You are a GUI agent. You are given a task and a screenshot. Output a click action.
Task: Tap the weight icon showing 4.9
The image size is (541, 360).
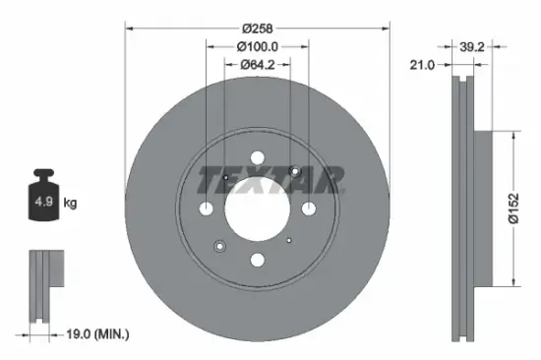point(43,201)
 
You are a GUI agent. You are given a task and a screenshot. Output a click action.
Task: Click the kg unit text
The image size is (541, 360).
point(70,203)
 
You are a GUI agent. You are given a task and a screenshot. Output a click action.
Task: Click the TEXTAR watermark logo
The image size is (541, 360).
point(271,178)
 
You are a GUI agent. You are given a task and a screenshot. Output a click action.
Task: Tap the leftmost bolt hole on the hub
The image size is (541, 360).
point(206,209)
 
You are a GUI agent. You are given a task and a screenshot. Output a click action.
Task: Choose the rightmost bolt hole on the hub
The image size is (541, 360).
point(307,209)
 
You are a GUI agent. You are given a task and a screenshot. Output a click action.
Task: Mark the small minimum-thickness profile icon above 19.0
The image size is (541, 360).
point(44,285)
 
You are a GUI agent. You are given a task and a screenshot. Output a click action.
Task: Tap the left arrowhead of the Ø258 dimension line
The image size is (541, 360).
point(129,28)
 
